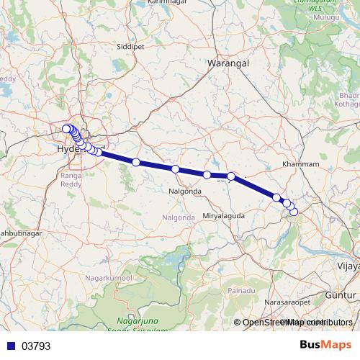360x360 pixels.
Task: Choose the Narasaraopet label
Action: pos(289,303)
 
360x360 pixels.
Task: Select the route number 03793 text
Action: pos(36,346)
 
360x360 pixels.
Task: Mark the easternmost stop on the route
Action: pos(294,211)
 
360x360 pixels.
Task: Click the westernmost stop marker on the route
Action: pos(66,129)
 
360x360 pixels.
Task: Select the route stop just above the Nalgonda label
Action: pos(175,169)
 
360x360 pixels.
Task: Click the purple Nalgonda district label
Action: pos(179,217)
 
